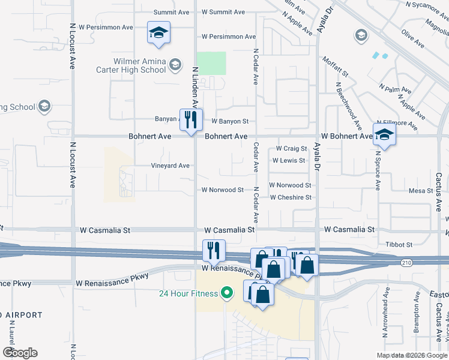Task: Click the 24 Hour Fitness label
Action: [x=187, y=293]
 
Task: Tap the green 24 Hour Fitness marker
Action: [x=226, y=293]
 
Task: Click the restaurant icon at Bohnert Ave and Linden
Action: [x=191, y=120]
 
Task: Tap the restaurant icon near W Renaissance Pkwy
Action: [x=214, y=250]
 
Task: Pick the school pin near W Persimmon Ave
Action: [x=158, y=32]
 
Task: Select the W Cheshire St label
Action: [x=291, y=197]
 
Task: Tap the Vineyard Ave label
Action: [x=170, y=166]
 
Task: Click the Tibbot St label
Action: [x=399, y=245]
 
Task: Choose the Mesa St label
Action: [x=421, y=191]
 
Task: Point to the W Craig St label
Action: [x=291, y=148]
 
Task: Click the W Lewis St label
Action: [x=289, y=161]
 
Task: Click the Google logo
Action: [x=20, y=353]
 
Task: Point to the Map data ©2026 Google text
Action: [x=411, y=355]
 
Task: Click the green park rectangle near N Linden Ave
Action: [x=211, y=63]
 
